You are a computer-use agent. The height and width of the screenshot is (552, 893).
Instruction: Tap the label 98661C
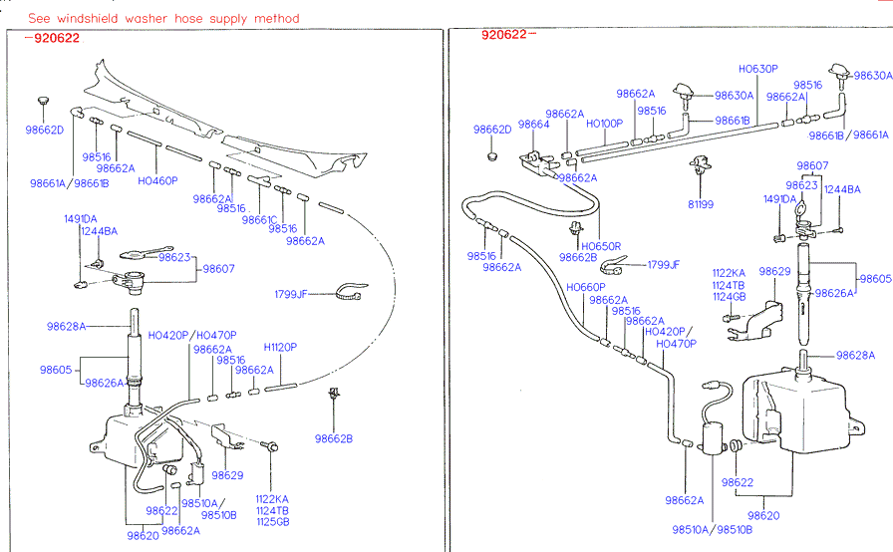click(x=259, y=219)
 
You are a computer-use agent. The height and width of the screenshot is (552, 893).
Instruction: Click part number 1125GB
click(x=272, y=521)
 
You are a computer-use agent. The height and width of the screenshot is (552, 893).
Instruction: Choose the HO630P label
click(x=757, y=69)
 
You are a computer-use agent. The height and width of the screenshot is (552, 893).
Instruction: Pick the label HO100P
click(x=604, y=124)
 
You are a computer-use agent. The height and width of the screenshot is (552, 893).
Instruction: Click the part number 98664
click(x=533, y=125)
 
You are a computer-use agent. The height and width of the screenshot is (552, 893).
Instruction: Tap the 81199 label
click(x=701, y=204)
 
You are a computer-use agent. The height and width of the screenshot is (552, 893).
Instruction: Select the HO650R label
click(x=601, y=246)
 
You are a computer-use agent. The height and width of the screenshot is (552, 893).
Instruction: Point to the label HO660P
click(x=586, y=288)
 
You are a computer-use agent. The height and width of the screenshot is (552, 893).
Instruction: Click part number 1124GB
click(x=729, y=296)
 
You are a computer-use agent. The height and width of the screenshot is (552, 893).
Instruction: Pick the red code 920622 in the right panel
click(x=503, y=35)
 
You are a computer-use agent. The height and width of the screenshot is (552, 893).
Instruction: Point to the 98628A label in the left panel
click(x=66, y=326)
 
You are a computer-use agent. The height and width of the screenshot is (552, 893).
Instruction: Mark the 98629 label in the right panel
click(x=774, y=271)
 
